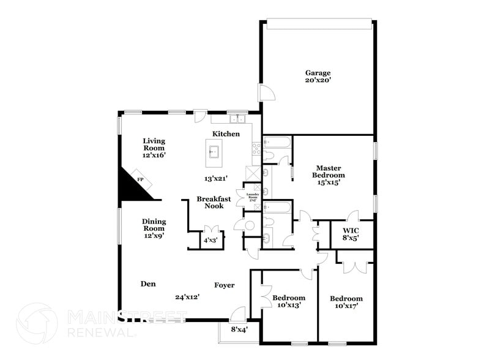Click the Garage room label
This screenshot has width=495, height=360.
(x=318, y=72)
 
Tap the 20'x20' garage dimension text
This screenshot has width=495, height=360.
(x=318, y=80)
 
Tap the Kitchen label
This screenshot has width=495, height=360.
(x=226, y=134)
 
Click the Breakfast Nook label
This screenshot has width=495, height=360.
(x=214, y=203)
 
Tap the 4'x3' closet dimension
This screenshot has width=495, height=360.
(x=210, y=241)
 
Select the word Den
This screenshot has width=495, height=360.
(x=147, y=283)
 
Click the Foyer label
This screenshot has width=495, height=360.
(x=224, y=285)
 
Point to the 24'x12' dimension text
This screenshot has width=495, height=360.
(x=187, y=297)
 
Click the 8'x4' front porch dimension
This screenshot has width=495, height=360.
(x=239, y=329)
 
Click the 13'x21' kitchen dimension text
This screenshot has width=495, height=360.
(x=216, y=179)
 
